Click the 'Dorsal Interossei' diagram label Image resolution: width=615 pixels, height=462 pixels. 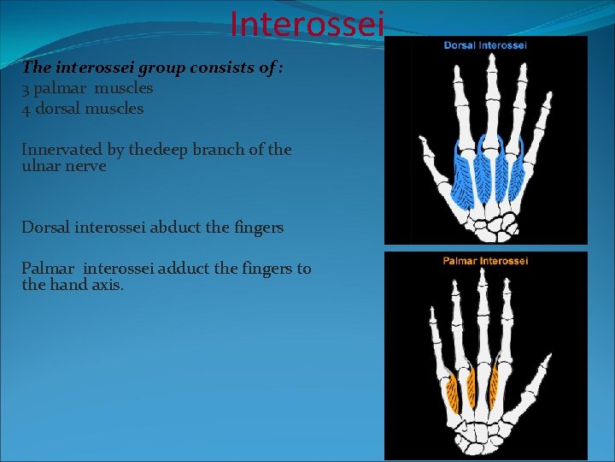485,44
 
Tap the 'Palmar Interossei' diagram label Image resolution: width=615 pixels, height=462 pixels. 485,260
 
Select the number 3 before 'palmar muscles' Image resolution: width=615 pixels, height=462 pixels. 26,88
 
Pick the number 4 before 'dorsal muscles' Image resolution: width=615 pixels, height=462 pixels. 26,109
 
